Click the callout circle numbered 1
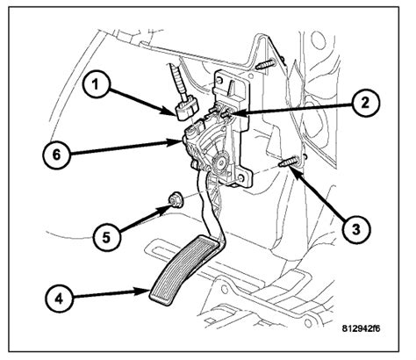96,85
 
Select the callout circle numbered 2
365,104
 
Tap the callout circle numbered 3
356,229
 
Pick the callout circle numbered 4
59,299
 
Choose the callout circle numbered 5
106,237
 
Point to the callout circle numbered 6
56,155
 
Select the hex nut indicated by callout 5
175,199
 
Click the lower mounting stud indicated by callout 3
288,162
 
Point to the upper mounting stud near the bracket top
266,64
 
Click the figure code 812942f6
361,328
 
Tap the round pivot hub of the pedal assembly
219,161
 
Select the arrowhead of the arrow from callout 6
176,142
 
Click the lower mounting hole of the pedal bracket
240,177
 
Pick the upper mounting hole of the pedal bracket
220,80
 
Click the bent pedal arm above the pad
212,211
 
